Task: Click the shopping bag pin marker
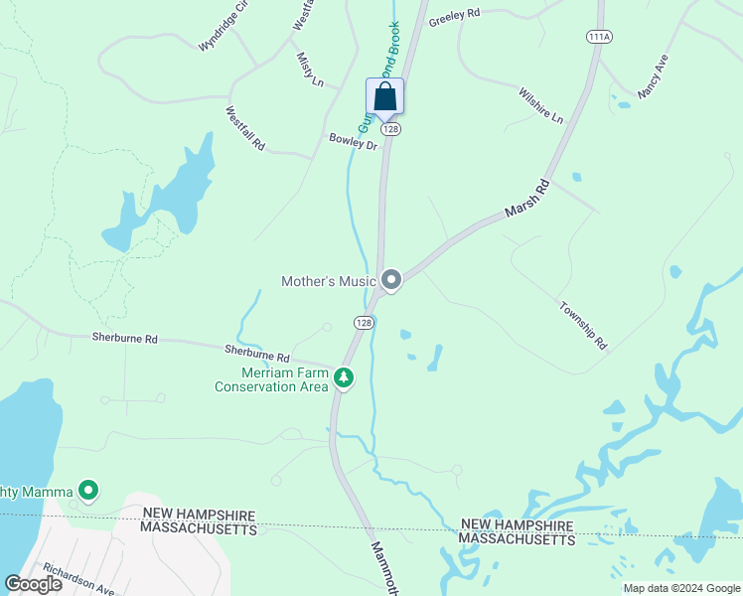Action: (x=385, y=98)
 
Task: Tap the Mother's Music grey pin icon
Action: (x=391, y=281)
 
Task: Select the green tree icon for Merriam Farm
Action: (x=344, y=377)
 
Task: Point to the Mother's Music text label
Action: (x=329, y=281)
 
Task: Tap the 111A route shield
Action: (x=599, y=37)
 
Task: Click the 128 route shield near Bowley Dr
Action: (x=391, y=129)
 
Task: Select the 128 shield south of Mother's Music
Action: (x=365, y=323)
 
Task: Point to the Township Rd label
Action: (x=583, y=325)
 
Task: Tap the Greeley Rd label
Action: (x=454, y=18)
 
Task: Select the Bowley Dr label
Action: (x=354, y=142)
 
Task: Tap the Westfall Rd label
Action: (x=245, y=128)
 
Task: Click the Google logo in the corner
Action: (x=33, y=584)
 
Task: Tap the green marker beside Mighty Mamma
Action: (x=88, y=489)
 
